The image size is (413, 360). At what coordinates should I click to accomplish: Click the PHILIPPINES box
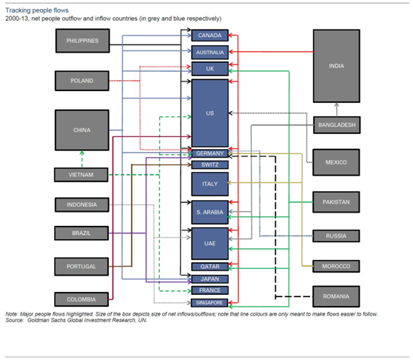pyautogui.click(x=82, y=41)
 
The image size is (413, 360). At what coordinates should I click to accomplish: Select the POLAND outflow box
pyautogui.click(x=82, y=81)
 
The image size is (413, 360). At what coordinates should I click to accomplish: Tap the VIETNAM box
pyautogui.click(x=81, y=175)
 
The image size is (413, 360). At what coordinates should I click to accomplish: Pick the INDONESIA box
pyautogui.click(x=82, y=204)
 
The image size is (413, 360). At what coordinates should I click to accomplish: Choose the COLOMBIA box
pyautogui.click(x=81, y=299)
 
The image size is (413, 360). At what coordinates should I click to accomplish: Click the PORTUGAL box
pyautogui.click(x=81, y=267)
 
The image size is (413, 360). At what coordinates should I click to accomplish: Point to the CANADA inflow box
pyautogui.click(x=210, y=36)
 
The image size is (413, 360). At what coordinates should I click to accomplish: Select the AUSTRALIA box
pyautogui.click(x=210, y=52)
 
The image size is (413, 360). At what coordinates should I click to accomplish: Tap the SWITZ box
pyautogui.click(x=210, y=165)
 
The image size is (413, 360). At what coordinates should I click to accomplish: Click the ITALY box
pyautogui.click(x=210, y=184)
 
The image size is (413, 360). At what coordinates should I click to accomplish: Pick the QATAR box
pyautogui.click(x=210, y=267)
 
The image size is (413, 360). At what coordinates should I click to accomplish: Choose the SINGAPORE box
pyautogui.click(x=209, y=303)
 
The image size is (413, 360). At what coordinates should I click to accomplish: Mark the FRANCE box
pyautogui.click(x=210, y=290)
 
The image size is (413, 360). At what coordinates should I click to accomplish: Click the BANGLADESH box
pyautogui.click(x=337, y=125)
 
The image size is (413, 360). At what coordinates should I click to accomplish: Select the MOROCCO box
pyautogui.click(x=336, y=266)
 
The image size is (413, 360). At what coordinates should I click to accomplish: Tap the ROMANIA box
pyautogui.click(x=336, y=296)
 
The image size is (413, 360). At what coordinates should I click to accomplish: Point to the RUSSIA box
pyautogui.click(x=336, y=236)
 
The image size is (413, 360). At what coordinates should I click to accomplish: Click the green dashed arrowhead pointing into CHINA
pyautogui.click(x=82, y=153)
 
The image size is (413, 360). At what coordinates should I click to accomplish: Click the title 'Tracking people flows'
pyautogui.click(x=37, y=10)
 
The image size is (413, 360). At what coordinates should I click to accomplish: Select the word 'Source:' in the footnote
pyautogui.click(x=14, y=320)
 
